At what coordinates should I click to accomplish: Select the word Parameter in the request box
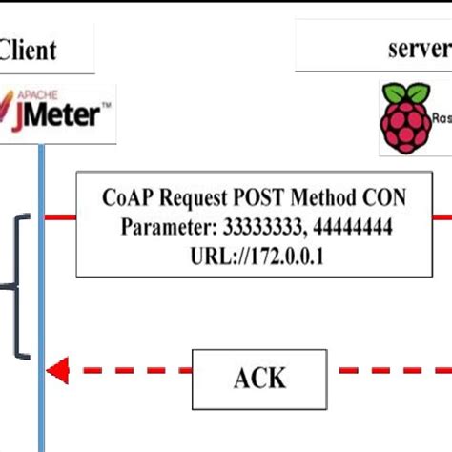click(x=167, y=227)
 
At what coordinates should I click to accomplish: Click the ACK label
click(x=258, y=377)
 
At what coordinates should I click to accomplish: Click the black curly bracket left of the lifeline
click(x=15, y=286)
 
